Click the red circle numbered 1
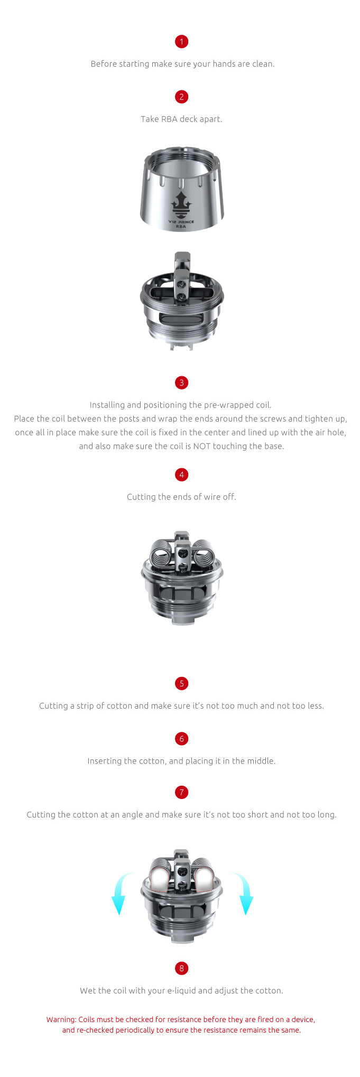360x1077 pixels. click(181, 42)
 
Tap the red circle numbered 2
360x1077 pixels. click(181, 97)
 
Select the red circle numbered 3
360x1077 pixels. click(181, 383)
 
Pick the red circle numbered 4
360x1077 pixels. click(181, 475)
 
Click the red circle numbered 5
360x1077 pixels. click(181, 683)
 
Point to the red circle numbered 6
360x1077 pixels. click(181, 739)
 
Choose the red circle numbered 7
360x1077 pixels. click(181, 792)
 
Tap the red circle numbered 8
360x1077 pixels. click(181, 968)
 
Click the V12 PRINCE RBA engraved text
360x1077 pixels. click(181, 224)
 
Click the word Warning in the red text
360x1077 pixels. click(61, 1019)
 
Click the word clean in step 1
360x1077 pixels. click(262, 64)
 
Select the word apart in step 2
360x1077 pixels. click(210, 119)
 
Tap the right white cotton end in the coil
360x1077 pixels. click(203, 877)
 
